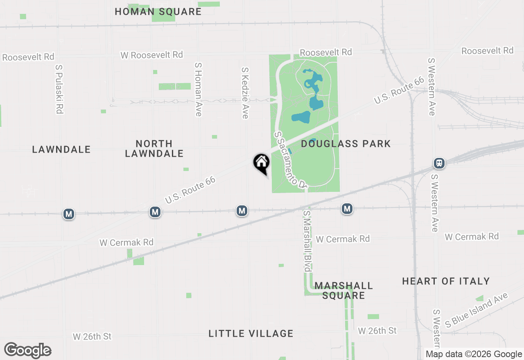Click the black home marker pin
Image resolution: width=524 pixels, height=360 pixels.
click(x=261, y=163)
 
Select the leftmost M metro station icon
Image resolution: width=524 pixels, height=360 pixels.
click(x=69, y=214)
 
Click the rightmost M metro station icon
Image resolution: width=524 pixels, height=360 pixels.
click(x=347, y=209)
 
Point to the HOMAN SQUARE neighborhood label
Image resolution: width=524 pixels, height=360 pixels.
click(x=158, y=12)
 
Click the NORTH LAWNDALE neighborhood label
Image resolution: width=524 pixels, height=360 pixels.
click(x=154, y=148)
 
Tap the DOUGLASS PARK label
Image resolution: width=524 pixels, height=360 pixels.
click(x=346, y=144)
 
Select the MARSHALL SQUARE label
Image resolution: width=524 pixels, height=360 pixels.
click(x=343, y=290)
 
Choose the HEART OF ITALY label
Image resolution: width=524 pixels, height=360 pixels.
click(x=446, y=281)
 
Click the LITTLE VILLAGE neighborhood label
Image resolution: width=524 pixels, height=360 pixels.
click(x=251, y=334)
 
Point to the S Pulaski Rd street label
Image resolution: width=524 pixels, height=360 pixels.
click(x=59, y=88)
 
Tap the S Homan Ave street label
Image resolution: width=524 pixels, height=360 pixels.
click(x=199, y=89)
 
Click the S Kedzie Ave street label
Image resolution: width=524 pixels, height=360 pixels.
click(x=245, y=93)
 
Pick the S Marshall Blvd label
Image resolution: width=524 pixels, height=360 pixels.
click(x=307, y=241)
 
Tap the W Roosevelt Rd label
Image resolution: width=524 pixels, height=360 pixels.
click(x=151, y=55)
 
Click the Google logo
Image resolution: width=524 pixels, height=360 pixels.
click(x=28, y=351)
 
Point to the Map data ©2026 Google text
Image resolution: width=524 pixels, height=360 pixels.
click(x=474, y=354)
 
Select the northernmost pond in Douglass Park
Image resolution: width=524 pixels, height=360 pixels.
click(x=313, y=80)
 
